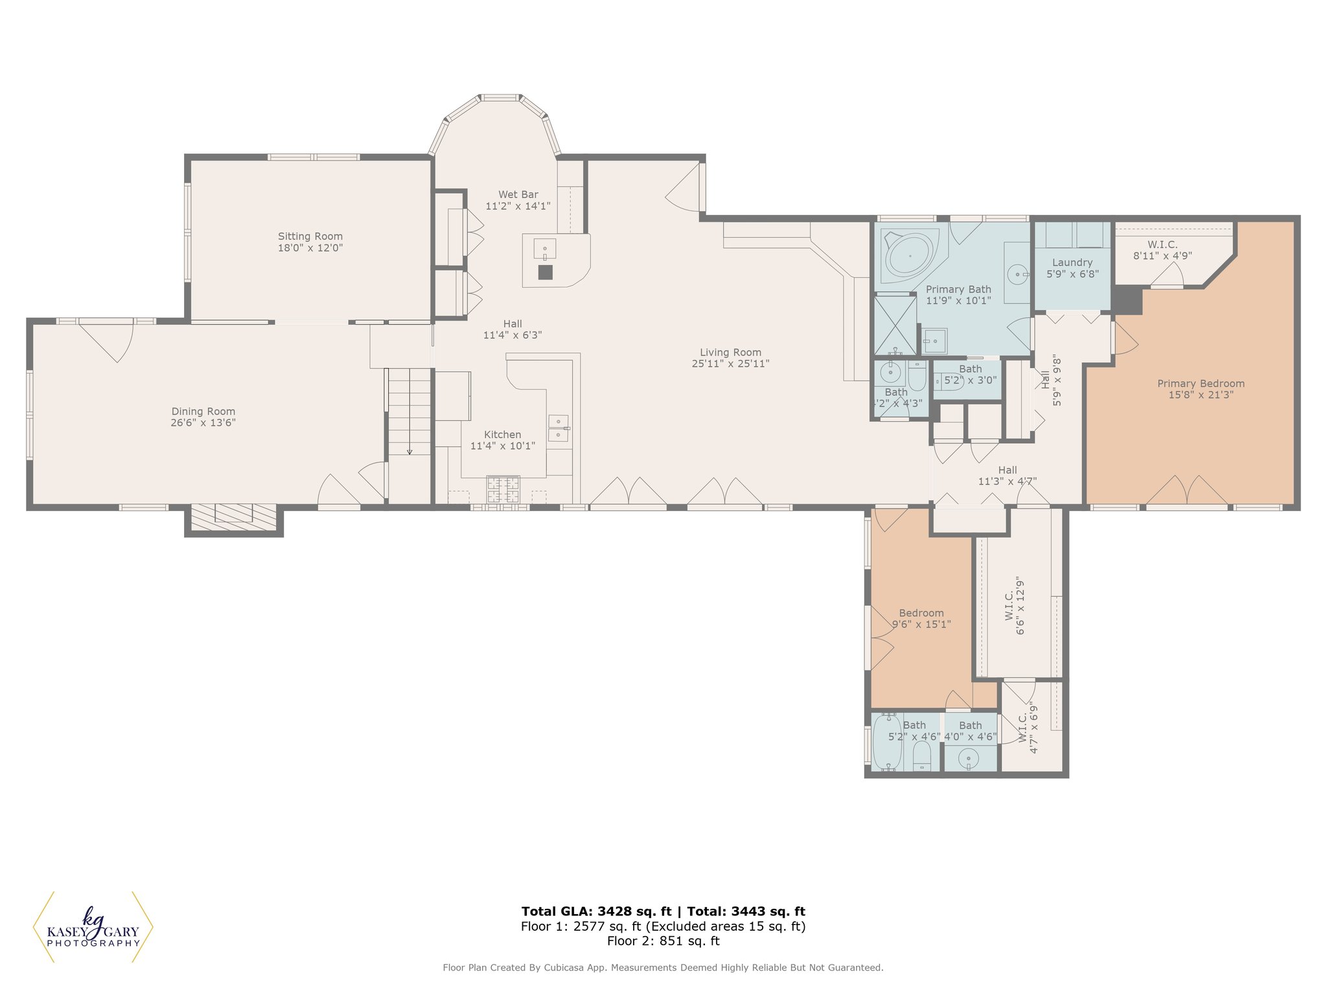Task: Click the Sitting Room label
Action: click(310, 236)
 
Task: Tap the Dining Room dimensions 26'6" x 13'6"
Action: click(203, 423)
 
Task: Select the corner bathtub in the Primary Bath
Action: click(910, 255)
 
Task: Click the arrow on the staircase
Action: click(410, 411)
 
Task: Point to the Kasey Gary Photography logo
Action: click(93, 927)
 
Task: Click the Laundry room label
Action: click(1072, 262)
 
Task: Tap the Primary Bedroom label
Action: click(1201, 383)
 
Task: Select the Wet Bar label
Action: click(518, 194)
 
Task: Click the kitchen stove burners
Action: click(503, 489)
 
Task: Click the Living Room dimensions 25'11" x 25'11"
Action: click(730, 364)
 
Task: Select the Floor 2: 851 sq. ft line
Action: click(663, 941)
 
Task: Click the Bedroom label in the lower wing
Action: click(921, 613)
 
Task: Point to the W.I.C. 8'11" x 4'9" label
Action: click(1162, 250)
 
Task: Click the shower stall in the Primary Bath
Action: click(895, 325)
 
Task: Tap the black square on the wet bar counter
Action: click(546, 273)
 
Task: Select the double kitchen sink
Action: click(559, 428)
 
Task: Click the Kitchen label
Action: click(502, 435)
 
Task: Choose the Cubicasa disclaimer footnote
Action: click(663, 968)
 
